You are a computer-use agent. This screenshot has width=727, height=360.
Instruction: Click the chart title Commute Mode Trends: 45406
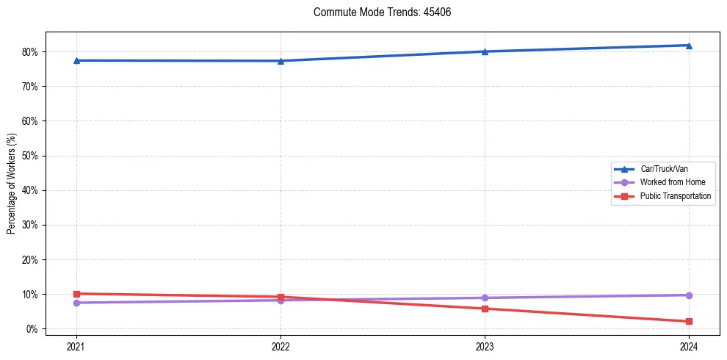tap(376, 12)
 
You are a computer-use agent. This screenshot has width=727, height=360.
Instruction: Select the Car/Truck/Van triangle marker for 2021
tap(76, 60)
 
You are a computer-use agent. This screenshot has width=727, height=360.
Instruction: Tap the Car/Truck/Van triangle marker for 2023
tap(485, 51)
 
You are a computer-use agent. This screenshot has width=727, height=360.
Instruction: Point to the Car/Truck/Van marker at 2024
tap(689, 46)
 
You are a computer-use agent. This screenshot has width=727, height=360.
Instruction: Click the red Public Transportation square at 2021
tap(76, 294)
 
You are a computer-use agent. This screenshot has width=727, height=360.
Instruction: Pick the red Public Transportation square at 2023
tap(485, 309)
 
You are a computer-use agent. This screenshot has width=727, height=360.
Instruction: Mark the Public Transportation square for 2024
tap(689, 321)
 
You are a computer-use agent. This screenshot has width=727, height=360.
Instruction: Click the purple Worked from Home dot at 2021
tap(76, 303)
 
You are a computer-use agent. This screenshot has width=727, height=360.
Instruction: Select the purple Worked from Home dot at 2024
tap(689, 295)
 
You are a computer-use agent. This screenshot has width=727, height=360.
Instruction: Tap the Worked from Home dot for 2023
tap(485, 298)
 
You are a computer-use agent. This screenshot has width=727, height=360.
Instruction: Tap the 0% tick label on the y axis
tap(32, 329)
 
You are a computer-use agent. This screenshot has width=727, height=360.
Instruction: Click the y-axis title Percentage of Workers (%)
tap(11, 184)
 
